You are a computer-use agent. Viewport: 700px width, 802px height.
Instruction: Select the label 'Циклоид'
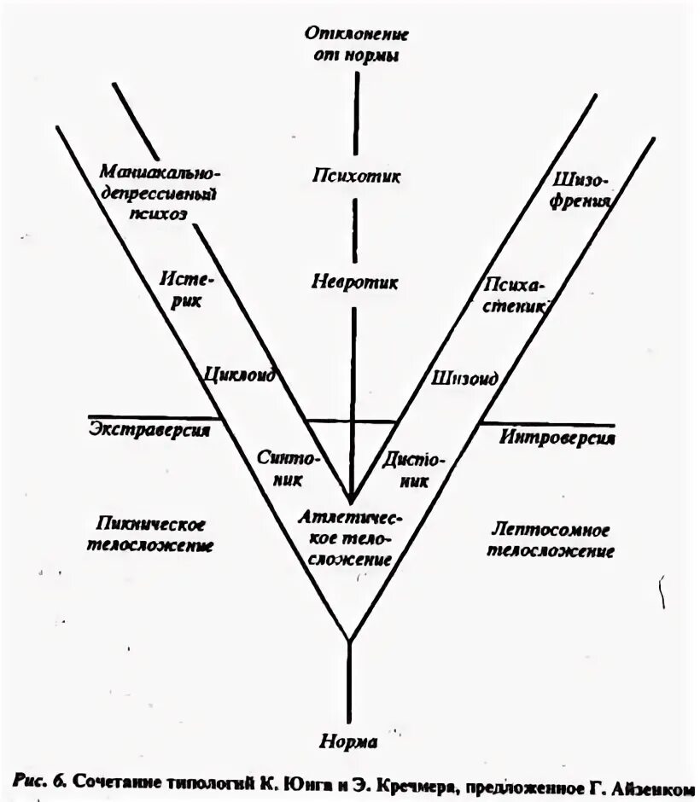pyautogui.click(x=238, y=375)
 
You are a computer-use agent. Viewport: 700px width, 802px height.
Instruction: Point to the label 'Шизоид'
pyautogui.click(x=466, y=376)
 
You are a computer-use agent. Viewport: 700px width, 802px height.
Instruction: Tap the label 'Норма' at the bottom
pyautogui.click(x=348, y=741)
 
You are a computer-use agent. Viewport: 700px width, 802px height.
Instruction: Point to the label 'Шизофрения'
pyautogui.click(x=580, y=191)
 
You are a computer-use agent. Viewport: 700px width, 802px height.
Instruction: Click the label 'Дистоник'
pyautogui.click(x=414, y=468)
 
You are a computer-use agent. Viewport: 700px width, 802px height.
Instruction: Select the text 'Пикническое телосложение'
pyautogui.click(x=150, y=534)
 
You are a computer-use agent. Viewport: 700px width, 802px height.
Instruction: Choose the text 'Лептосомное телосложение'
pyautogui.click(x=550, y=540)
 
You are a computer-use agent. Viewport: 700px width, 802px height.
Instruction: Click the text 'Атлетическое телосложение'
pyautogui.click(x=350, y=538)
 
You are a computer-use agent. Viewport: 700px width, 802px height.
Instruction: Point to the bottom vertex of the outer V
pyautogui.click(x=349, y=641)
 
